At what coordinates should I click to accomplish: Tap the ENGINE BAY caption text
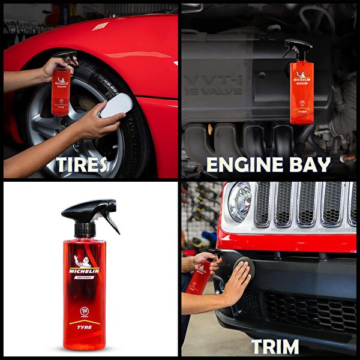268,164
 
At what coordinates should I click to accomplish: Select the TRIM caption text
275,346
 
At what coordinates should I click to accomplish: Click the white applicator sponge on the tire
116,105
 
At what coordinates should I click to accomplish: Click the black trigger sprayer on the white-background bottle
90,213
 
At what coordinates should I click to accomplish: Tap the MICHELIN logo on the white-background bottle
84,271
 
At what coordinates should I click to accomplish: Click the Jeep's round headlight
239,202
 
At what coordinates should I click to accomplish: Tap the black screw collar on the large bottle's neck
85,230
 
